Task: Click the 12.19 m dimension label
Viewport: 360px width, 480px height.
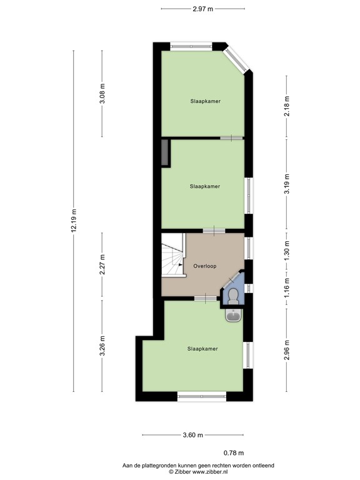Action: pos(73,221)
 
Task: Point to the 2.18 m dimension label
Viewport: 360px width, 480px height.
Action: pos(287,107)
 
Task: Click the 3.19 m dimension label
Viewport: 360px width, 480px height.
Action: pos(287,185)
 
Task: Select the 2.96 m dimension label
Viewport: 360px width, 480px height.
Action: pos(287,351)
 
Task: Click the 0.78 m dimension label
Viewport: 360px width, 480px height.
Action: pos(234,453)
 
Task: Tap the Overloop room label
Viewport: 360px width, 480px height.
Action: pos(204,266)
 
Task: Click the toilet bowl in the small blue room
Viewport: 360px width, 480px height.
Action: pos(234,296)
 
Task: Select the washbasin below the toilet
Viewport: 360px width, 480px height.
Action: pos(233,316)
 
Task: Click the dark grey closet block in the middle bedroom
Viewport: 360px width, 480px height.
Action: pos(165,153)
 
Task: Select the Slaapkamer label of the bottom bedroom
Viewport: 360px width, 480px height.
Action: pos(202,349)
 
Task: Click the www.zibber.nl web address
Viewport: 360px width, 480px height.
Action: pos(192,472)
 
